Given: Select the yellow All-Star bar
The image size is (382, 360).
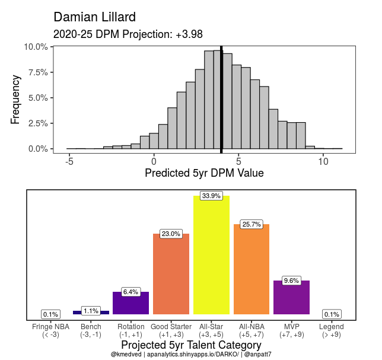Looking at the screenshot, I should pyautogui.click(x=211, y=255).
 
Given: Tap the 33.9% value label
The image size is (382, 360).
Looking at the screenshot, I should pyautogui.click(x=211, y=196).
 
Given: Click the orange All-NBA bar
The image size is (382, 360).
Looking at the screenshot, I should pyautogui.click(x=252, y=270).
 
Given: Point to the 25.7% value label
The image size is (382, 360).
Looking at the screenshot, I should pyautogui.click(x=252, y=225).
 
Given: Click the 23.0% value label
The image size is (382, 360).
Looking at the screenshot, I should pyautogui.click(x=171, y=234).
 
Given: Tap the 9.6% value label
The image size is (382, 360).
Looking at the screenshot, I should pyautogui.click(x=291, y=281).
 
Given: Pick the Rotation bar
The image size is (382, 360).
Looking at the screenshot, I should pyautogui.click(x=130, y=303).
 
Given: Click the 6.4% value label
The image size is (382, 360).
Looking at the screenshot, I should pyautogui.click(x=130, y=292).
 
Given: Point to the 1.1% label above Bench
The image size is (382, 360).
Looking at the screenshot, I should pyautogui.click(x=91, y=311).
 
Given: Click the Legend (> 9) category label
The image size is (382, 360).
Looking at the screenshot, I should pyautogui.click(x=331, y=330).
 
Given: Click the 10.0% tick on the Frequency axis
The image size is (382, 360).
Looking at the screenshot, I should pyautogui.click(x=36, y=47).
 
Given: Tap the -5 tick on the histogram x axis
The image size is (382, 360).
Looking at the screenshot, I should pyautogui.click(x=69, y=160).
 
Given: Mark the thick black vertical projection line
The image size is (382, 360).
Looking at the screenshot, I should pyautogui.click(x=221, y=98).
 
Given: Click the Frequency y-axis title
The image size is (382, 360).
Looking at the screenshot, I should pyautogui.click(x=16, y=98).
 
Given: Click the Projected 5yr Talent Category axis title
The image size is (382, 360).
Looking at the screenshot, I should pyautogui.click(x=191, y=345).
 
